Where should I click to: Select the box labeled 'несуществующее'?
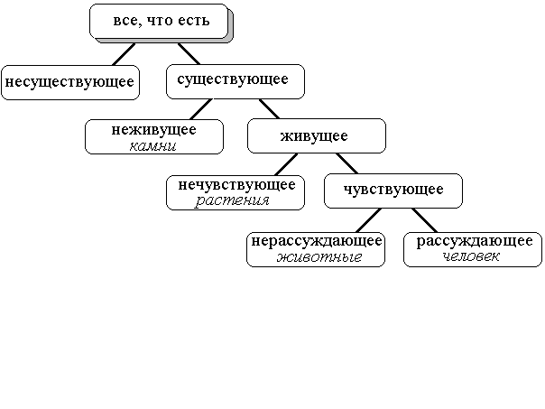click(70, 82)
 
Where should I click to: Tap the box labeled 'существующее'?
click(236, 81)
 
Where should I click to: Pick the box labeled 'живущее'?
click(317, 136)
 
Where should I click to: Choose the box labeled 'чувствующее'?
click(393, 191)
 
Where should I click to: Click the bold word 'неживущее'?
click(154, 130)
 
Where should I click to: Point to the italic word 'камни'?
click(152, 146)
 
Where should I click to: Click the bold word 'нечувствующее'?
click(236, 185)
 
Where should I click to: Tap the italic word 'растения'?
click(232, 200)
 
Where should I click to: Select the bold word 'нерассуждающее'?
click(317, 241)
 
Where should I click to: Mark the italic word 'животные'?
click(319, 257)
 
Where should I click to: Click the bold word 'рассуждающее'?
click(475, 241)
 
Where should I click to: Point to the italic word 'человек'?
click(471, 256)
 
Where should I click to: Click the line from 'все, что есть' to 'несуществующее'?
click(124, 54)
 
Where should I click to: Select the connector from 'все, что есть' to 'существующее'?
click(189, 53)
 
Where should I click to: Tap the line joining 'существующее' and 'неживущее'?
click(201, 109)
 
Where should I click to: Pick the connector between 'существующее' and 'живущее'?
click(270, 109)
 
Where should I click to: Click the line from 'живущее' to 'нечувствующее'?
click(286, 164)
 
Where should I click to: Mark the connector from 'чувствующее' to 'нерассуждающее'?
click(369, 220)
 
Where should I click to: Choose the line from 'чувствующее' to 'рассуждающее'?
click(424, 220)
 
